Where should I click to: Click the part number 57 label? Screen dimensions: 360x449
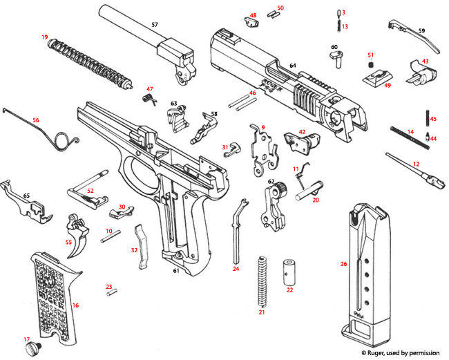155,25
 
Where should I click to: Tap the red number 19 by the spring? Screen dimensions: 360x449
44,37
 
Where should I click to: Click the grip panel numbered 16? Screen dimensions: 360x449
56,300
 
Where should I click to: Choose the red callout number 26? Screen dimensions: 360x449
343,264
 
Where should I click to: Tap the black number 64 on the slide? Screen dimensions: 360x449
293,66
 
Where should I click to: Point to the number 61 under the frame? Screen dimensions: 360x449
176,271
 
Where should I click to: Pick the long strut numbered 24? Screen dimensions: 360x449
237,228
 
